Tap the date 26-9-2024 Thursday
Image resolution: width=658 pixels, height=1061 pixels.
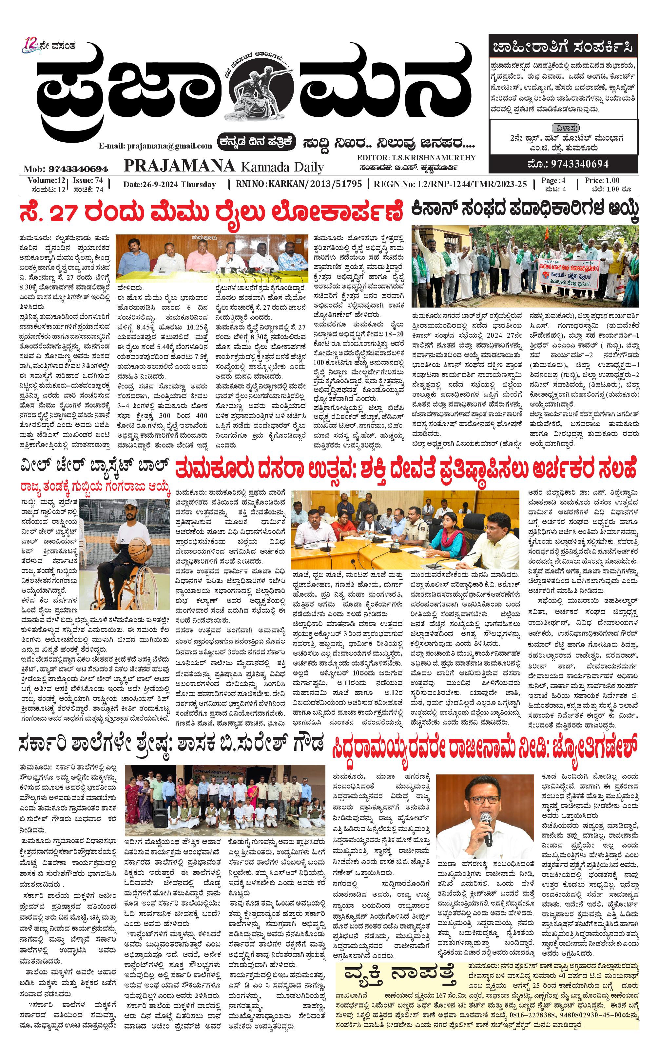(169, 184)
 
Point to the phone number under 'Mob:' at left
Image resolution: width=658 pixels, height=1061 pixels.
(78, 169)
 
